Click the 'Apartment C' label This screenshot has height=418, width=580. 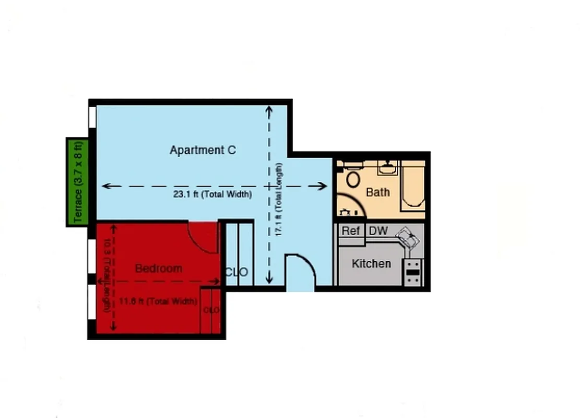pos(203,150)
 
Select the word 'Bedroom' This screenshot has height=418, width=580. pos(159,269)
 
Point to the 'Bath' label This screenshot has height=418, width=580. pos(377,192)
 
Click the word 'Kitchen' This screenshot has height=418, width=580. pos(371,263)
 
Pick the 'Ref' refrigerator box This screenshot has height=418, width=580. pos(351,231)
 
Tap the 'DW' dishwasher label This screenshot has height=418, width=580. pos(378,230)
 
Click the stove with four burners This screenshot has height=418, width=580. pos(413,272)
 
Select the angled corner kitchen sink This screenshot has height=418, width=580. pos(408,239)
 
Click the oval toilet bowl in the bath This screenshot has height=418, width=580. pos(353,179)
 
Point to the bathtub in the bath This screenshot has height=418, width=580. pos(412,185)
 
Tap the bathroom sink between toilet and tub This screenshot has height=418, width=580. pos(387,168)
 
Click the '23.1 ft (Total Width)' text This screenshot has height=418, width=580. pos(212,194)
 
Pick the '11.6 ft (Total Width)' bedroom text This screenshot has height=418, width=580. pos(158,301)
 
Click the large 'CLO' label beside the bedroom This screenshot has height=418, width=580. pos(236,272)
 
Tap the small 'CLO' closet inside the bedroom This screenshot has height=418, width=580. pos(211,310)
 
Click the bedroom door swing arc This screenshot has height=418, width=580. pos(203,238)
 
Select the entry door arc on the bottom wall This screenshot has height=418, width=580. pos(300,269)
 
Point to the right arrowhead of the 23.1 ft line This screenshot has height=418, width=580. pos(323,186)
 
